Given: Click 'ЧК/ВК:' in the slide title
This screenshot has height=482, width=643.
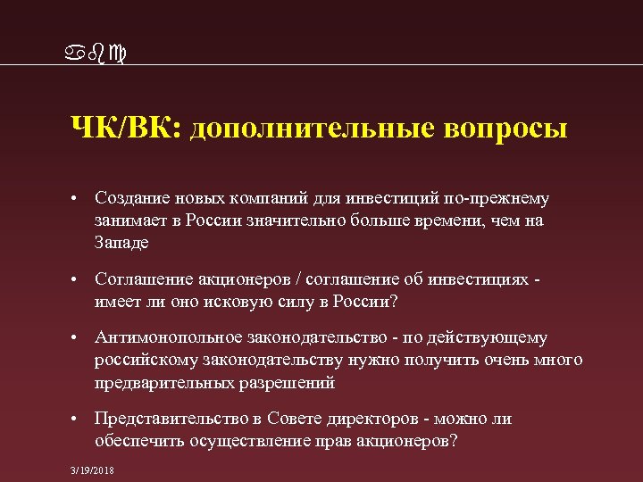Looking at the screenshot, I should pyautogui.click(x=125, y=128).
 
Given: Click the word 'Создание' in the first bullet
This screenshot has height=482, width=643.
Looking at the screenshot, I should pyautogui.click(x=129, y=198).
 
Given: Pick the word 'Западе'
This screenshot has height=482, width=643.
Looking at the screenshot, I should pyautogui.click(x=121, y=243).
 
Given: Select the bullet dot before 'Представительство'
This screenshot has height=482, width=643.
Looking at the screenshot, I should pyautogui.click(x=79, y=420).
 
